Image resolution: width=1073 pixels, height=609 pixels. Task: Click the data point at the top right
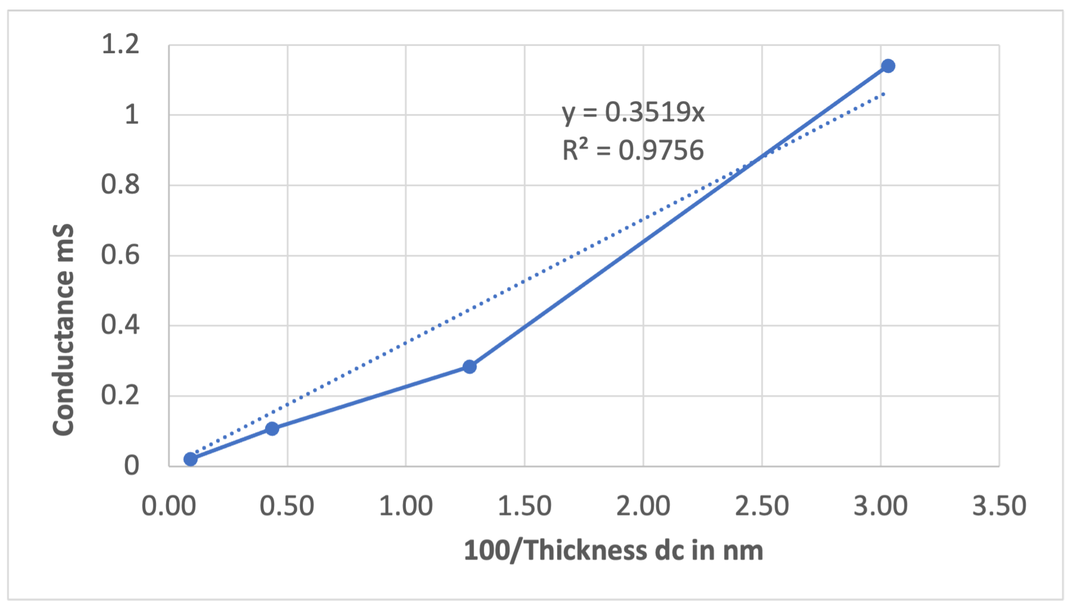(888, 66)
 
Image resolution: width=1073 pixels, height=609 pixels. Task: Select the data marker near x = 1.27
(469, 367)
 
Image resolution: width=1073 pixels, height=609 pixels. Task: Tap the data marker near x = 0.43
(272, 428)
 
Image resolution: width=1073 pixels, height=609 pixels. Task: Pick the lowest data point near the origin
(191, 459)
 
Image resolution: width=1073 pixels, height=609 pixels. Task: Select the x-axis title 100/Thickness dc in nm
(614, 550)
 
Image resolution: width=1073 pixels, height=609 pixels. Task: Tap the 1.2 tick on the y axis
(121, 44)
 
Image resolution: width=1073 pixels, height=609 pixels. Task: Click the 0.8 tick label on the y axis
(121, 184)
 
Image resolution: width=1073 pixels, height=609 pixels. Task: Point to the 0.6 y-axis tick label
(121, 255)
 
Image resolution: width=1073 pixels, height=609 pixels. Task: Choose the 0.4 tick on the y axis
(121, 325)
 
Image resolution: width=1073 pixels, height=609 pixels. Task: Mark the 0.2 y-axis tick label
(121, 395)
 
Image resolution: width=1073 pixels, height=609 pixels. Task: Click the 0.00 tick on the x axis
(168, 506)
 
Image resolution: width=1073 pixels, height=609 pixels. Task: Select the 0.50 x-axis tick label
(287, 506)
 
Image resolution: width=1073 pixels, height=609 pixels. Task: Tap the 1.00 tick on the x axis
(405, 506)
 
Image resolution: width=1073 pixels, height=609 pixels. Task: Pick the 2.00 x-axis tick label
(643, 506)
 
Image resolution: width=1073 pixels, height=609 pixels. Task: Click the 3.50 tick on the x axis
(999, 506)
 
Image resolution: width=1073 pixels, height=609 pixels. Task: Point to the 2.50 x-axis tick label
(762, 506)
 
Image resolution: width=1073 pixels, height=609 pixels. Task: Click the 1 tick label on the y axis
(132, 114)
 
